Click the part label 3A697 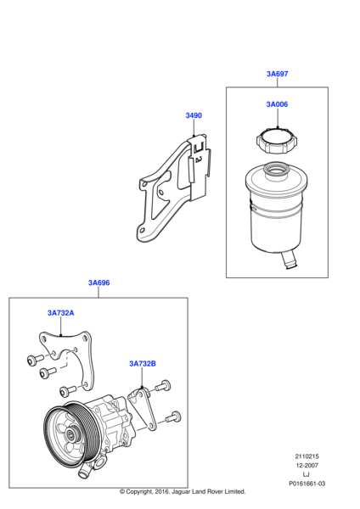click(277, 74)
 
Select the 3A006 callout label click(277, 104)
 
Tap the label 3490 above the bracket click(194, 115)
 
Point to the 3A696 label click(99, 282)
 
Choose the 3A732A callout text click(61, 313)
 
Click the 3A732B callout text click(143, 364)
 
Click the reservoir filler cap click(277, 141)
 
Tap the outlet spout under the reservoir click(289, 260)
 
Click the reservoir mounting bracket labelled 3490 click(174, 188)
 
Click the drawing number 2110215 click(307, 456)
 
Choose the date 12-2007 click(307, 466)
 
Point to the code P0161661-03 click(307, 484)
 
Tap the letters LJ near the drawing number click(306, 474)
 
